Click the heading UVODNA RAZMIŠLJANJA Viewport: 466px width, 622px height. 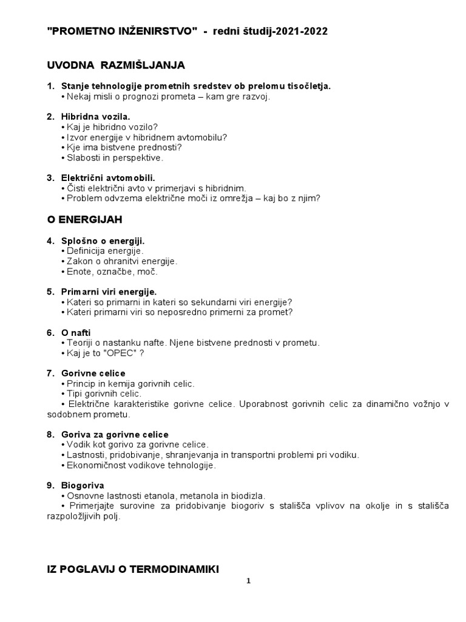click(116, 64)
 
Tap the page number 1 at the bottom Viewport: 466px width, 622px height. click(248, 581)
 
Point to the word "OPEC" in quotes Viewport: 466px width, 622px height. click(122, 352)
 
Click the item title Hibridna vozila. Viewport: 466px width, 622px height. click(96, 116)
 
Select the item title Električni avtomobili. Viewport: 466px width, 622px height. click(108, 178)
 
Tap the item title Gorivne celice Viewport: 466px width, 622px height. click(93, 373)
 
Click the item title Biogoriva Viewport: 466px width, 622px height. click(83, 485)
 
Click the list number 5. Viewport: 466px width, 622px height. click(50, 292)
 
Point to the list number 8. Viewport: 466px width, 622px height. click(50, 434)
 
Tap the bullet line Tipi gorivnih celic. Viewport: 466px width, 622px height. click(103, 394)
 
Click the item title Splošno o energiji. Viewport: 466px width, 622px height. click(103, 241)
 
